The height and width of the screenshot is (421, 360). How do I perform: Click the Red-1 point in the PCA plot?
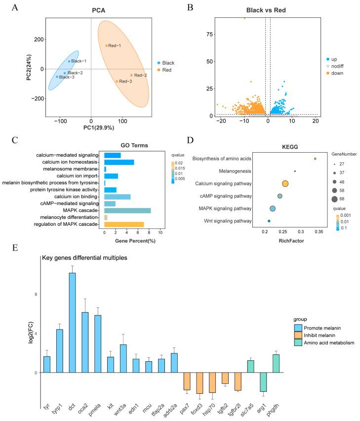[106, 46]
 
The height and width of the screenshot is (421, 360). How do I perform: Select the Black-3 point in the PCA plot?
[57, 77]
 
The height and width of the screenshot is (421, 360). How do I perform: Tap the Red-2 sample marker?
[131, 75]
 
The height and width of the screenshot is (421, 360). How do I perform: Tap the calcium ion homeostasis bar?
[119, 162]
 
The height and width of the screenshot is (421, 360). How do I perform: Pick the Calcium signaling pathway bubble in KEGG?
[285, 184]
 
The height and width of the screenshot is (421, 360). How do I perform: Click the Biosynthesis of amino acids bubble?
[315, 159]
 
